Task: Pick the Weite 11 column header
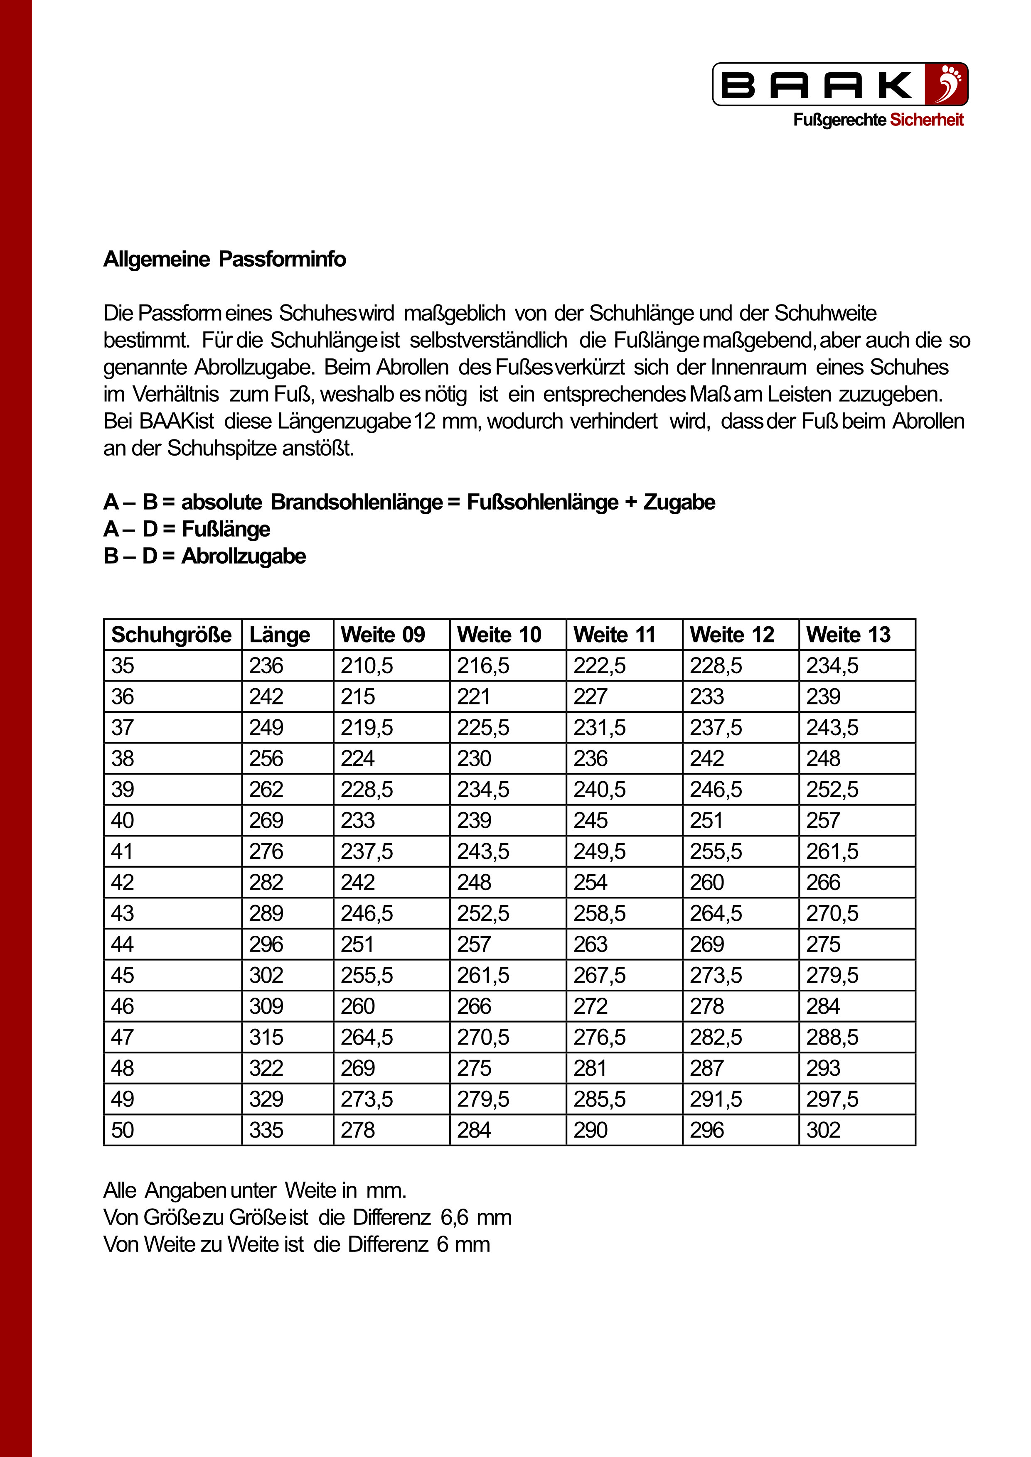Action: tap(614, 635)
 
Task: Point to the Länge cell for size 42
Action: tap(266, 882)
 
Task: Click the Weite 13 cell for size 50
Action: tap(823, 1130)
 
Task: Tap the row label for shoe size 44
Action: tap(123, 944)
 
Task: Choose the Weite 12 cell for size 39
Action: tap(716, 790)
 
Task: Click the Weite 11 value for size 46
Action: tap(591, 1006)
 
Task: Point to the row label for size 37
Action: tap(123, 728)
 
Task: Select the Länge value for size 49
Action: tap(266, 1099)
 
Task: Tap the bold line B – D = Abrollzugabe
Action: tap(204, 556)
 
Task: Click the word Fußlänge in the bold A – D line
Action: tap(226, 529)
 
